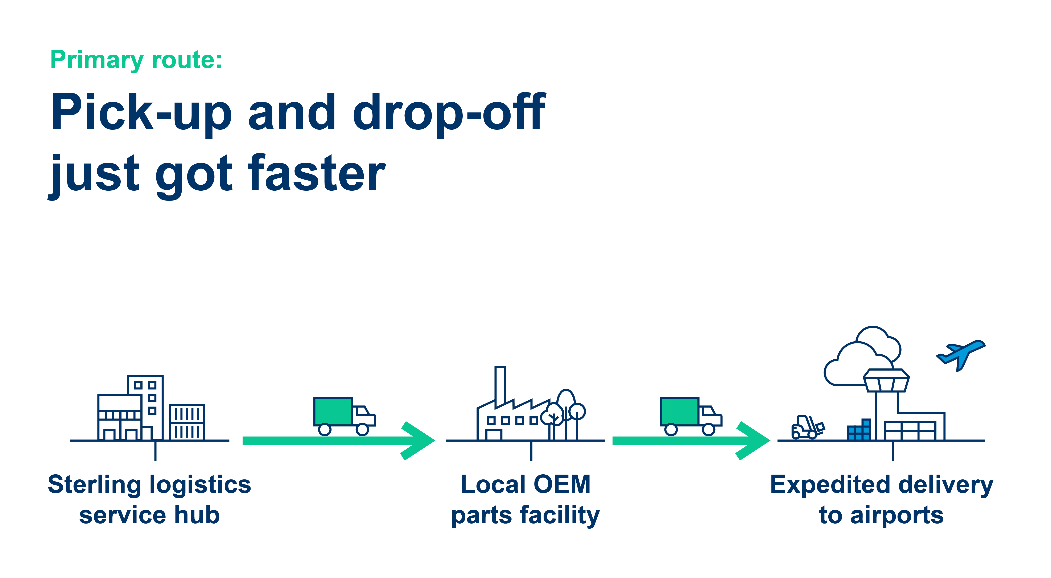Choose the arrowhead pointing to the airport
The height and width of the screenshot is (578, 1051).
[x=755, y=441]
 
